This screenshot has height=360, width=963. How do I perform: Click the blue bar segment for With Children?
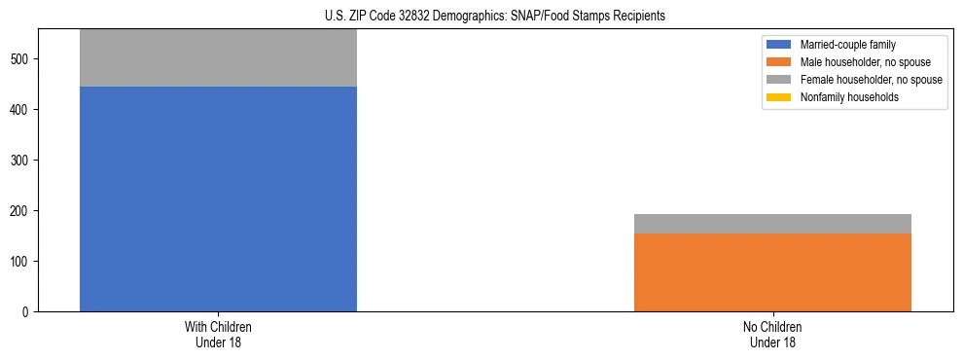pos(218,198)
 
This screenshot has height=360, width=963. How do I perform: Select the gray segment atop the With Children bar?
pos(218,58)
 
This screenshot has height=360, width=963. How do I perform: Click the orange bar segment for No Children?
pos(772,272)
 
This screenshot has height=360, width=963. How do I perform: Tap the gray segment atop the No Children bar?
pos(772,224)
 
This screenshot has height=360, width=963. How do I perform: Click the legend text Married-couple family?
pos(846,45)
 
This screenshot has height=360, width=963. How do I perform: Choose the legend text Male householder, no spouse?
pos(865,62)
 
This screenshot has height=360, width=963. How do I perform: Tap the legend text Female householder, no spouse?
pos(871,80)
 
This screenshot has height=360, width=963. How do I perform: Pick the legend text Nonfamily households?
pos(847,97)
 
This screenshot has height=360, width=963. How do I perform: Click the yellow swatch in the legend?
pos(779,97)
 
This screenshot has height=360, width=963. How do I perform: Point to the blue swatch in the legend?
pos(779,45)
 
